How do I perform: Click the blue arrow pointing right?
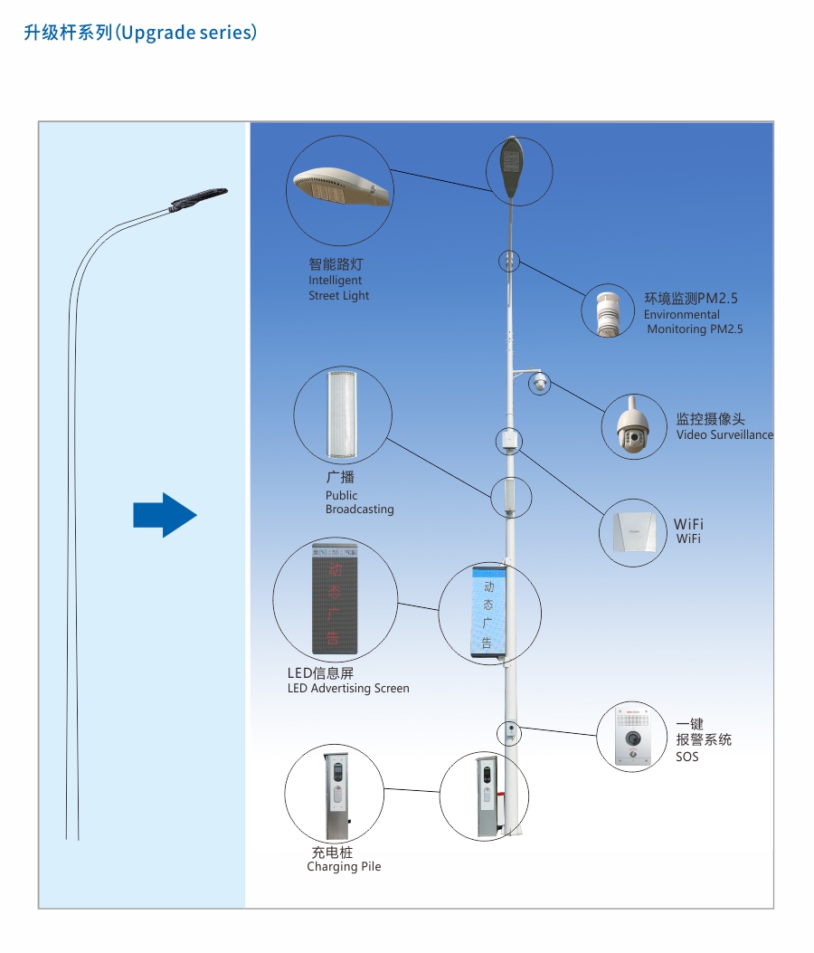165,515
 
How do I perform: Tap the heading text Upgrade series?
140,33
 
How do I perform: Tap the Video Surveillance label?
724,427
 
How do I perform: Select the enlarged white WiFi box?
633,532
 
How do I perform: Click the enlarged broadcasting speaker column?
343,415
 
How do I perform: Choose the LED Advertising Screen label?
347,681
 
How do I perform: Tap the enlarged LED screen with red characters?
335,599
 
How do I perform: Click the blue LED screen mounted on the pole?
487,612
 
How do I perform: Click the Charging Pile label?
344,860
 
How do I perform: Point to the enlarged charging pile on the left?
336,794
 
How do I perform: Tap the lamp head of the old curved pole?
198,197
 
